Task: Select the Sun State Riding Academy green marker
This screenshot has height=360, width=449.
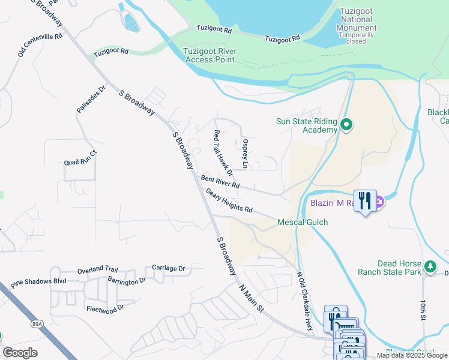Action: [346, 125]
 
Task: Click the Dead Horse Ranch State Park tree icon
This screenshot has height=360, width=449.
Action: [429, 265]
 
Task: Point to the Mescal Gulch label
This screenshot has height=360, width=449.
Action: [303, 223]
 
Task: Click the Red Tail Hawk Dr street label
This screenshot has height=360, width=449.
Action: [222, 154]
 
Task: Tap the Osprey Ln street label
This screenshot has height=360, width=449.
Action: [245, 154]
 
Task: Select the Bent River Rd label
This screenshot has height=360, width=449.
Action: [220, 182]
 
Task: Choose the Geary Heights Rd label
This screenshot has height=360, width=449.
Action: [229, 200]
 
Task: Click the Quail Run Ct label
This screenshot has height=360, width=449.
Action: [80, 162]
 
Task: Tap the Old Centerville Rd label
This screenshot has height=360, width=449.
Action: [40, 45]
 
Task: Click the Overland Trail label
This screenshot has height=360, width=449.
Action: [98, 271]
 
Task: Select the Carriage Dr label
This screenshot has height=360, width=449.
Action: [168, 268]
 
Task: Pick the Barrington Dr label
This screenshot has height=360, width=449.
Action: [127, 280]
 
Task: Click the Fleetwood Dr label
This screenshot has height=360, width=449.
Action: [105, 307]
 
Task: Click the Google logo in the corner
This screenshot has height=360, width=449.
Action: [20, 353]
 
